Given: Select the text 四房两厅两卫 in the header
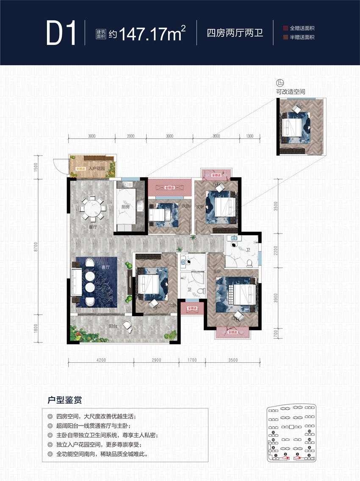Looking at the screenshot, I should tap(235, 33).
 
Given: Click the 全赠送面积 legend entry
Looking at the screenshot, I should tap(302, 28).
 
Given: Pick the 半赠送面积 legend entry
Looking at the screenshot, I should tap(302, 37).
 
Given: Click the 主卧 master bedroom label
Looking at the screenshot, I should tap(216, 271).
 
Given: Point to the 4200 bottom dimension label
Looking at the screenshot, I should tap(101, 360).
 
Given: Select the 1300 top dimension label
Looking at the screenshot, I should tap(249, 136).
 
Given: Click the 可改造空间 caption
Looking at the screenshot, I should tap(291, 92).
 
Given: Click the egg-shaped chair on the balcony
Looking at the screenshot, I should tap(127, 326).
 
